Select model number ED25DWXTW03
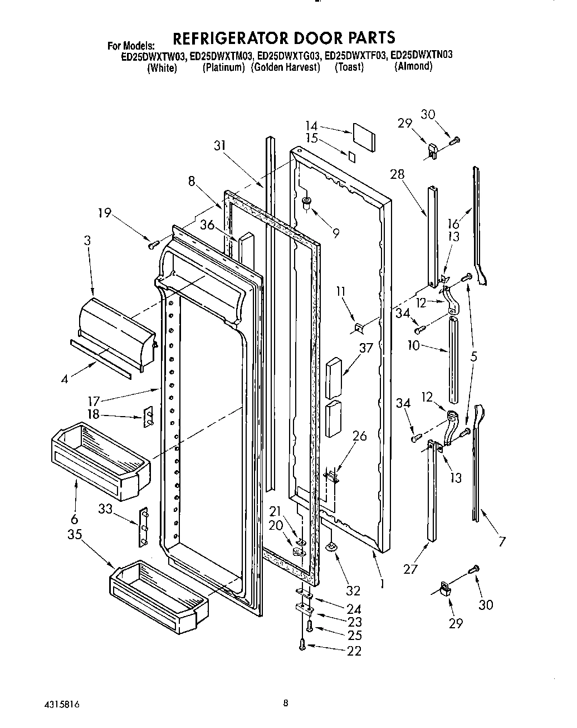tap(154, 56)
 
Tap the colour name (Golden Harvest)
tap(285, 67)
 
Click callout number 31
tap(221, 145)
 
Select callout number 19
tap(105, 212)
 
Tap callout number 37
tap(365, 349)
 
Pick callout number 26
tap(359, 436)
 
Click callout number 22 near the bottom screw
tap(354, 651)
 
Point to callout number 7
tap(502, 541)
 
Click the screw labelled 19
tap(154, 244)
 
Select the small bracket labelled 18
tap(149, 416)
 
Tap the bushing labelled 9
tap(306, 203)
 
